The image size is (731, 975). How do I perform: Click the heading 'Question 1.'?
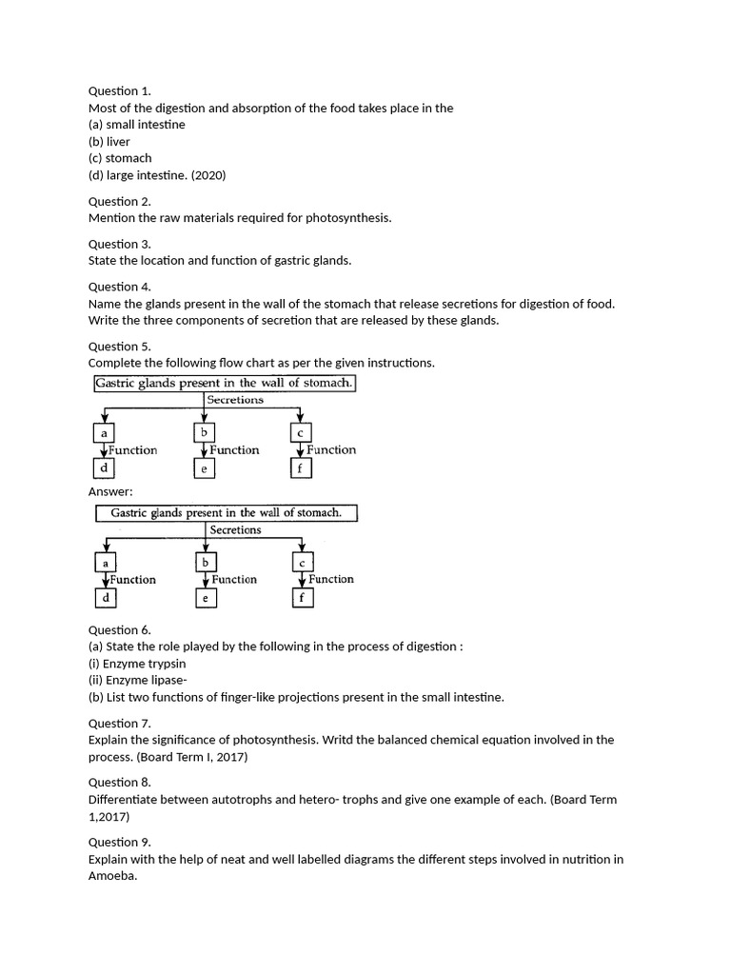coord(119,91)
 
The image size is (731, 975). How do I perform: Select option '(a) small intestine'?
coord(136,125)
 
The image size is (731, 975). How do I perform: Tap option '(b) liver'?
coord(109,142)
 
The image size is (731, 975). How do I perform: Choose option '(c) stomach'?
coord(120,158)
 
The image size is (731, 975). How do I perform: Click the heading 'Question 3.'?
coord(119,244)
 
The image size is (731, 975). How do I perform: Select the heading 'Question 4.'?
coord(119,287)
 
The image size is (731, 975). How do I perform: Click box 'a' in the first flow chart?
coord(103,433)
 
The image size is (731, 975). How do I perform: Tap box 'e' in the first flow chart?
coord(204,468)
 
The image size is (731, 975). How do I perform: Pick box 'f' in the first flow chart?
coord(300,468)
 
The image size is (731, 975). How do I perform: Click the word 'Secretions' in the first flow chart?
coord(235,400)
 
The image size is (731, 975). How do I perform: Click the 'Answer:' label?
coord(110,491)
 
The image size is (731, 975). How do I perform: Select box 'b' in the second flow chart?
coord(205,562)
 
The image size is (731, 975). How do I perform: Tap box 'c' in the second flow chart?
coord(302,563)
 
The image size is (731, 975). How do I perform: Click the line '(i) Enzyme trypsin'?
coord(137,664)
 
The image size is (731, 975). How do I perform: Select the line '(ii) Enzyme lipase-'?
coord(138,680)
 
